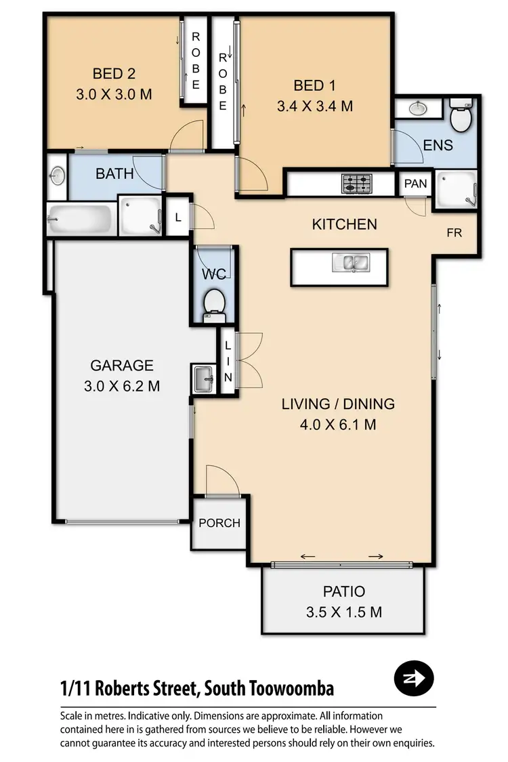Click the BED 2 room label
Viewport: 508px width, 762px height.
(114, 73)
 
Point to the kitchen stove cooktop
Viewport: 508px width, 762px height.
(356, 183)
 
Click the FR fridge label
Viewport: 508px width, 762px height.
(454, 232)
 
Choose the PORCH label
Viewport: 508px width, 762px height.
(219, 523)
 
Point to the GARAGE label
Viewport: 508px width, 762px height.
(122, 366)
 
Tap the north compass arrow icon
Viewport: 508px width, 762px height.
(414, 677)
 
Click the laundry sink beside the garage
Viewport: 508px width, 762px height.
(204, 379)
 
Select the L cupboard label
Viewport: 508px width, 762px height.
(177, 217)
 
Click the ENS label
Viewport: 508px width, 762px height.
(438, 145)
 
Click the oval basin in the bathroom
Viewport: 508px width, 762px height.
(58, 175)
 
